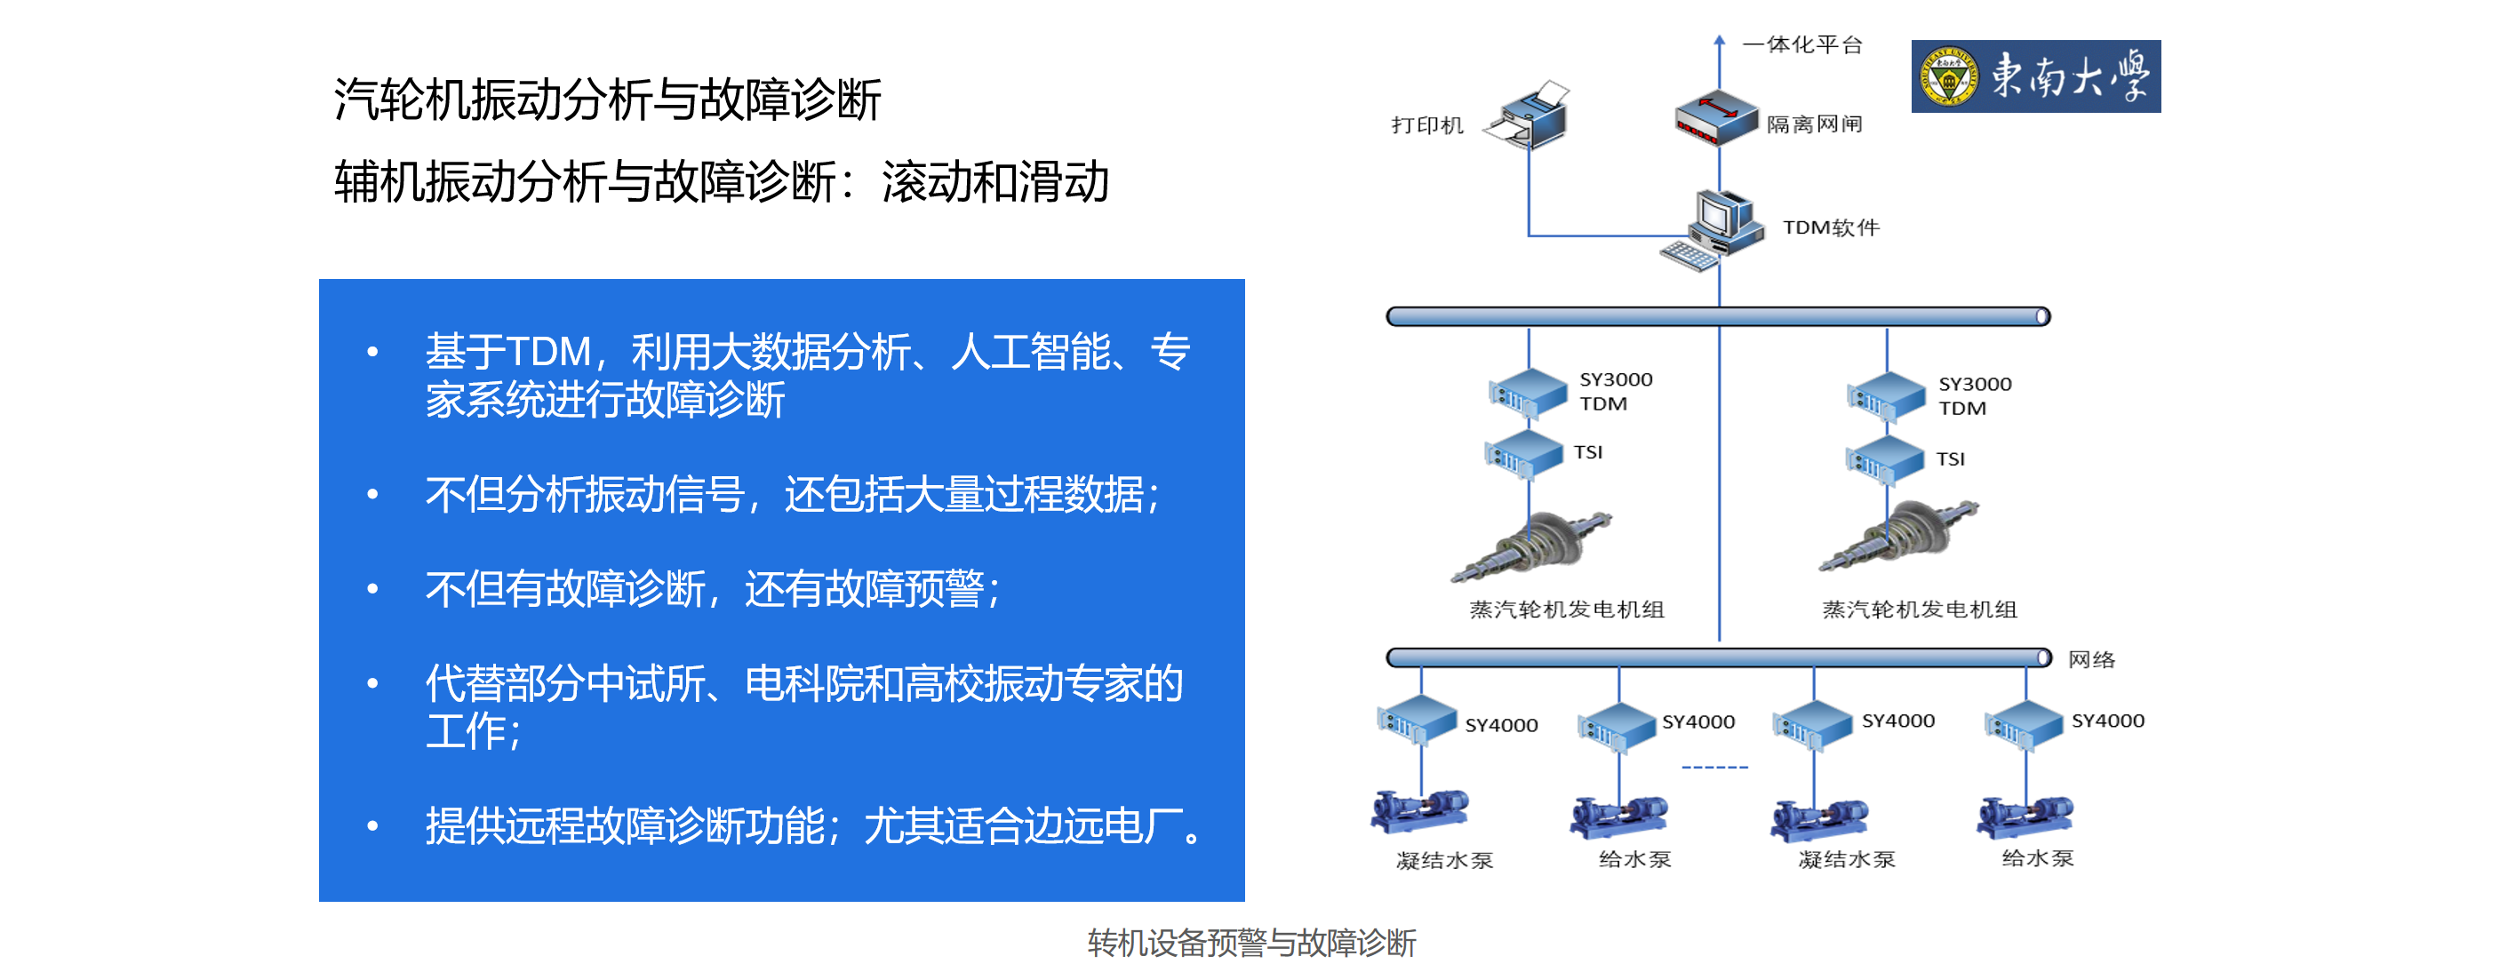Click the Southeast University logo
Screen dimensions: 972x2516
[2034, 76]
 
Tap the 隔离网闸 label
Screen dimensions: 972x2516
[1814, 124]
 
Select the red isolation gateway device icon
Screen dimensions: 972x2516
[1715, 117]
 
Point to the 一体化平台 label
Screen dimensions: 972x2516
[1803, 44]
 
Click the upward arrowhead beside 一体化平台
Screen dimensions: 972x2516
[1719, 40]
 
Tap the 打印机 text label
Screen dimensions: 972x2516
[1427, 125]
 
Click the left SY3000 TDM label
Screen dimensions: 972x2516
[1615, 391]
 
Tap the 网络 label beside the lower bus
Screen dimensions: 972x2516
[2091, 659]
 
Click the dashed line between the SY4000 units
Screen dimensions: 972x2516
[1714, 767]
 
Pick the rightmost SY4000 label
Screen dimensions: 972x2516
[2108, 721]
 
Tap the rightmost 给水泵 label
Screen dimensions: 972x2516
[2037, 857]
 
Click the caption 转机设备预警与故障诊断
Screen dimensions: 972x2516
[1251, 943]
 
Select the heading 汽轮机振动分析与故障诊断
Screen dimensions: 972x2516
[606, 100]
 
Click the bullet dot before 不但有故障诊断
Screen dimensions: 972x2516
[372, 588]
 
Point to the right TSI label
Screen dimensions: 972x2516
[1950, 459]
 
